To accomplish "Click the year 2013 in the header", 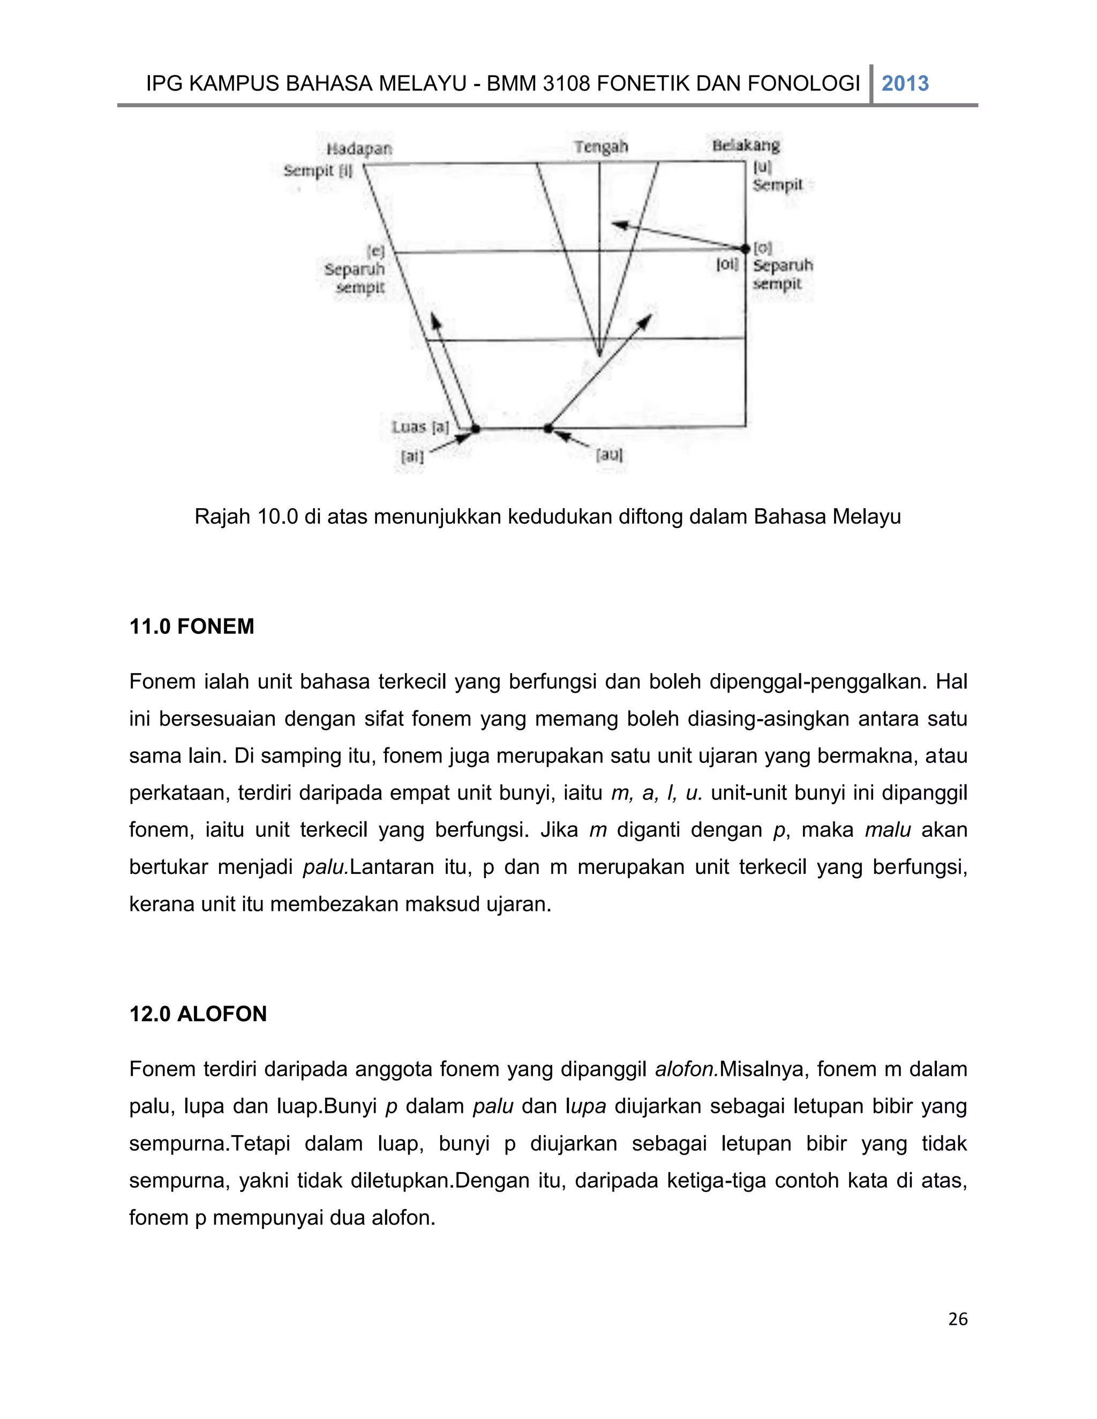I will [x=905, y=84].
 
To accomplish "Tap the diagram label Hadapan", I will [x=359, y=149].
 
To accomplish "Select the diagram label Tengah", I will [x=601, y=147].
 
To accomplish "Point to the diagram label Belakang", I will [x=746, y=145].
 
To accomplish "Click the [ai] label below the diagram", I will [x=412, y=457].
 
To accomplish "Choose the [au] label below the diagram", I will [x=610, y=455].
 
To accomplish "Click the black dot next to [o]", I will [x=746, y=249].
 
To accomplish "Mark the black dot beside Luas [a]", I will [x=475, y=429].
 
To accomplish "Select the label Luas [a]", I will [x=420, y=427].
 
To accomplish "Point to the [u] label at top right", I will [x=762, y=167].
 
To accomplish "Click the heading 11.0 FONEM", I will [x=192, y=627].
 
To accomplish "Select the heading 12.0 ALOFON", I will [x=198, y=1014].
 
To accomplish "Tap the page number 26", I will [x=958, y=1319].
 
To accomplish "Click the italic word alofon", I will [x=686, y=1069].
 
